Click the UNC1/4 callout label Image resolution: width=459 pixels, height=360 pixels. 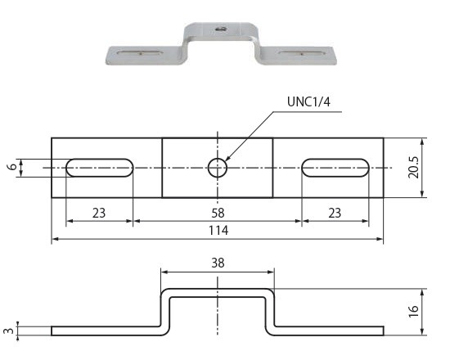click(x=308, y=101)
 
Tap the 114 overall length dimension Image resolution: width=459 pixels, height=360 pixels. click(x=218, y=231)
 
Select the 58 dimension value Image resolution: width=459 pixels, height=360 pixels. click(x=218, y=213)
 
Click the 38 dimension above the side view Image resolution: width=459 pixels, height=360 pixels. click(x=218, y=263)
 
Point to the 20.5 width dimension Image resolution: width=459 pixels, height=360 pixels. click(x=414, y=168)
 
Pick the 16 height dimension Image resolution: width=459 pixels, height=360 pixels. click(x=414, y=312)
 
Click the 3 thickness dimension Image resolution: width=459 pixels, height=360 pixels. click(x=9, y=331)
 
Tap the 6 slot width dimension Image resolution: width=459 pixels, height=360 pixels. click(x=11, y=167)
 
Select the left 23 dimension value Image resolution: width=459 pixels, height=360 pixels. click(x=99, y=213)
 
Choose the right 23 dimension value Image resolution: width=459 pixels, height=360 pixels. click(x=335, y=213)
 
